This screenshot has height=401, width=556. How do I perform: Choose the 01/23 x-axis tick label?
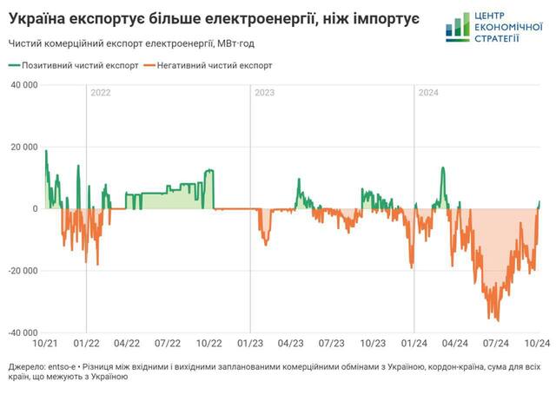(250, 344)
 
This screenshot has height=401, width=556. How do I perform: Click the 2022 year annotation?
(101, 93)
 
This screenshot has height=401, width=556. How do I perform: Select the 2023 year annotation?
(265, 93)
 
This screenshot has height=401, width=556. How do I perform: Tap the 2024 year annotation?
(429, 93)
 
